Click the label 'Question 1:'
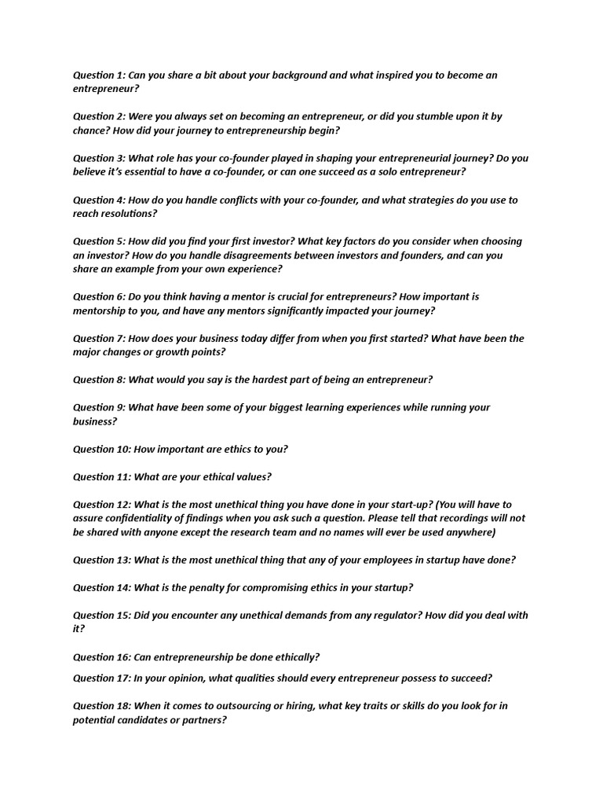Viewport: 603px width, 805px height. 99,75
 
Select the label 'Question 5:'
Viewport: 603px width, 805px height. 99,241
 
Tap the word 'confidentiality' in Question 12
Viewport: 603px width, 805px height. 149,519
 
